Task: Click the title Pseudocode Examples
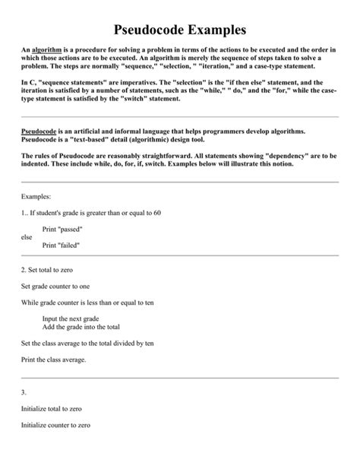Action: tap(180, 30)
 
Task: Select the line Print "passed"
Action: tap(62, 229)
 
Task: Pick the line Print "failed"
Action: tap(61, 245)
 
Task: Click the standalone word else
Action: tap(27, 236)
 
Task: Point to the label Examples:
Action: tap(36, 195)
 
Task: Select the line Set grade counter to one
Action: tap(56, 286)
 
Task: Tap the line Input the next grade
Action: tap(71, 319)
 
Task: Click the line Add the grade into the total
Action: tap(81, 326)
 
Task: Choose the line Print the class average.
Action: tap(54, 360)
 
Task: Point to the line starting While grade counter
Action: tap(87, 303)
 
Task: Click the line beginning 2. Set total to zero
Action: tap(52, 269)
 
